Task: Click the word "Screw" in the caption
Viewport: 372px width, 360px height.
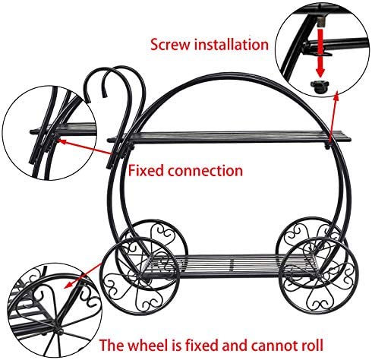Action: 170,45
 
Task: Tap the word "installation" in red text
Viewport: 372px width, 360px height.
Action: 231,44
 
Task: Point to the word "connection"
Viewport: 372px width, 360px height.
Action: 205,171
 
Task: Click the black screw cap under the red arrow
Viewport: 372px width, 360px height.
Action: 320,87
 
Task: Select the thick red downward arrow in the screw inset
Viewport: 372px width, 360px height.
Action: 320,52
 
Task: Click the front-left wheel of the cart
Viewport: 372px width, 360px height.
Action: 140,276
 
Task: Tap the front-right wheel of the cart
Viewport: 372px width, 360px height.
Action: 320,275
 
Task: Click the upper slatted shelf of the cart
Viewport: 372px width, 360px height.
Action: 229,137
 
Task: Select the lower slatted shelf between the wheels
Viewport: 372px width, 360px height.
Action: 230,266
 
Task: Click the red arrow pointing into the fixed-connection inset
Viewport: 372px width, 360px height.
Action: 84,147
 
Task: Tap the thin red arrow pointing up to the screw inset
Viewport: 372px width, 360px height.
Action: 333,115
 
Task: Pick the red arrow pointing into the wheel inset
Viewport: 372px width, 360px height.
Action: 83,276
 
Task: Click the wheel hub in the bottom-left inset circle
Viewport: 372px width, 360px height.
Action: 59,330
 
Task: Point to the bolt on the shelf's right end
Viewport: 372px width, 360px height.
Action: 327,145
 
